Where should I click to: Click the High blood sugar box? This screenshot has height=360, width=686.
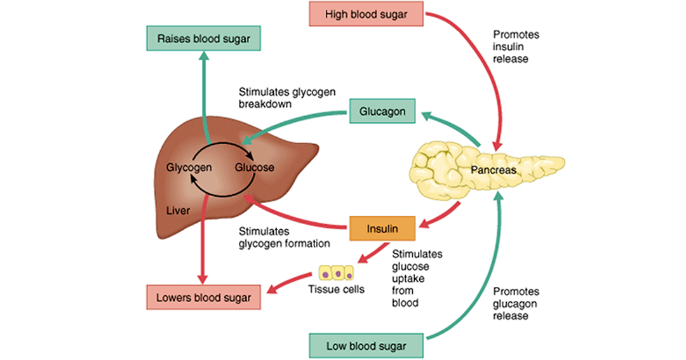click(367, 14)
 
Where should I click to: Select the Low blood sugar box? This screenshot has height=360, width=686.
click(367, 346)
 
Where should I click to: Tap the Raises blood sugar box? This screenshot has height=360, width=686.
click(203, 39)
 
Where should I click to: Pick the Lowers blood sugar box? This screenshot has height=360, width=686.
click(203, 297)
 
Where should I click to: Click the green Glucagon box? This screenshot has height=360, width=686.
click(382, 111)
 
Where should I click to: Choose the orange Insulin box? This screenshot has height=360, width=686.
click(382, 229)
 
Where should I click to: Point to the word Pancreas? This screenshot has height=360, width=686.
click(493, 170)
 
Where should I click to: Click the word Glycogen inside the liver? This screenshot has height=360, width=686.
click(189, 168)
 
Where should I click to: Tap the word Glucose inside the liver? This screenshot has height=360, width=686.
click(255, 167)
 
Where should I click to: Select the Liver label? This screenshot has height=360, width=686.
click(178, 210)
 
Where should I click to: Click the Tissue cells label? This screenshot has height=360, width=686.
click(336, 289)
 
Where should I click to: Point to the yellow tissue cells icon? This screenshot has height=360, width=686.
click(337, 273)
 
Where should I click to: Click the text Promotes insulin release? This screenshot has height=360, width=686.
click(516, 46)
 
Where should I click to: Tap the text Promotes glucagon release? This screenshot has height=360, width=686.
click(516, 303)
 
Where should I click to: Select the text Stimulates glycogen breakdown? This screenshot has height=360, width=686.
click(287, 98)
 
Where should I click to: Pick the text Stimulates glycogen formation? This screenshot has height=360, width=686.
click(284, 237)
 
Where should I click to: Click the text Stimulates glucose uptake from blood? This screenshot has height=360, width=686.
click(417, 278)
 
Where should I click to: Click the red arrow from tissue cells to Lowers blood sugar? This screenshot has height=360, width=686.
click(289, 282)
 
